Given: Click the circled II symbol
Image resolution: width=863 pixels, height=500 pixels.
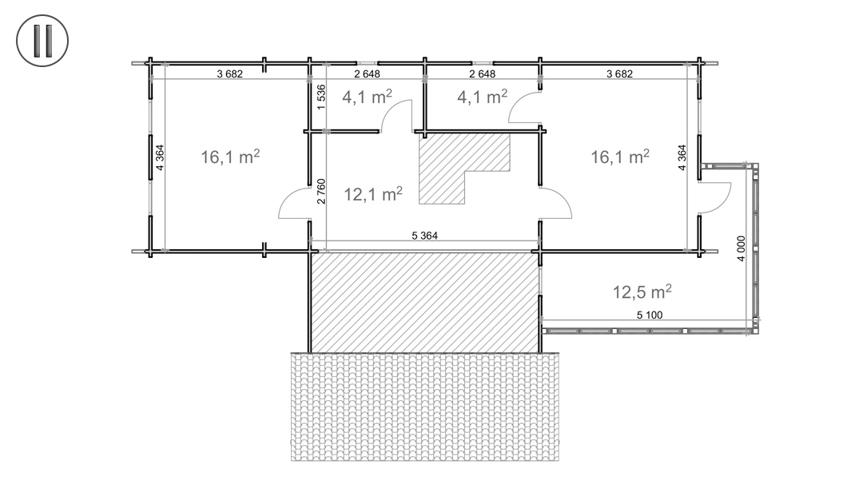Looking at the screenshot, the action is click(x=42, y=41).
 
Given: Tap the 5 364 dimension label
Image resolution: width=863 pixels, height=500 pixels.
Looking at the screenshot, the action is click(x=424, y=236).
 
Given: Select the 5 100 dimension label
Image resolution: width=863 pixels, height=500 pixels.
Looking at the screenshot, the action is click(x=650, y=315).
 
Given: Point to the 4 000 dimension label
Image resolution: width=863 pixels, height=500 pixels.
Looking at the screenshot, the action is click(x=741, y=248).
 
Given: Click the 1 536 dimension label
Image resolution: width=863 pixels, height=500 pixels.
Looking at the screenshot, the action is click(x=321, y=97).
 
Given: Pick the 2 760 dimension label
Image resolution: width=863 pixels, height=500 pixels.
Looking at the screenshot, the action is click(x=321, y=191).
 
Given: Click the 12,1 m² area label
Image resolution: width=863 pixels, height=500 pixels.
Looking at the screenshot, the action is click(x=373, y=193).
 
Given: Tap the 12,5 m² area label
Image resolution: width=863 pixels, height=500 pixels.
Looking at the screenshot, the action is click(x=642, y=291).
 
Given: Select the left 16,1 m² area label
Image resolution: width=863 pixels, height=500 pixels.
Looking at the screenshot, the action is click(x=230, y=157).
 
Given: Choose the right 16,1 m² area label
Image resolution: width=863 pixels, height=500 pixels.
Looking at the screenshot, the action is click(x=620, y=157).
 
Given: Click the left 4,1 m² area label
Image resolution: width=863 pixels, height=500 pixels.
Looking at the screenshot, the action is click(x=367, y=97).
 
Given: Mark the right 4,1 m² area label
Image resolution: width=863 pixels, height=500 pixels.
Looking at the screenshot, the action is click(x=482, y=97).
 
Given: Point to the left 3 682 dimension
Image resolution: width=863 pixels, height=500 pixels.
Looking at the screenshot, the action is click(x=229, y=73).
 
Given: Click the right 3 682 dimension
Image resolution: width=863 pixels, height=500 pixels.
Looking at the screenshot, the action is click(x=619, y=73).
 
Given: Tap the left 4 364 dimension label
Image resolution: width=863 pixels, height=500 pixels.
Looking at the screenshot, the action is click(x=160, y=157).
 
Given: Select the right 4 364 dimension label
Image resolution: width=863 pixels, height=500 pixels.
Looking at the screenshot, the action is click(x=682, y=157).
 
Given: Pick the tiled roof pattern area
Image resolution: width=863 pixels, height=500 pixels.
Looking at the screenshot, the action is click(x=425, y=407).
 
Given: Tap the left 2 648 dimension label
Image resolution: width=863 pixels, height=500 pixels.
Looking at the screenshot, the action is click(x=367, y=73).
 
